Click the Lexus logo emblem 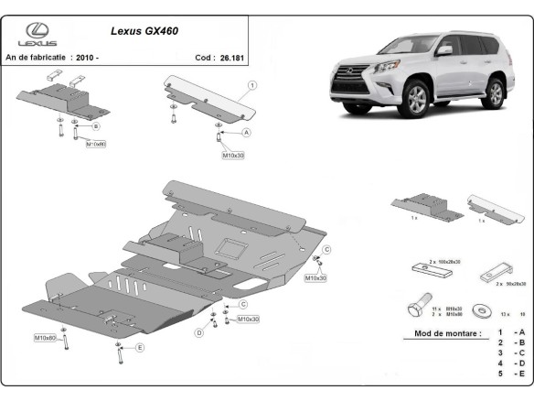36,30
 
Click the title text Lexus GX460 144,30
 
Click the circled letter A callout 246,132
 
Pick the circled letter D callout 198,332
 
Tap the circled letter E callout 140,348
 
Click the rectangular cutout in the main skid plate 229,245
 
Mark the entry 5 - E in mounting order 510,374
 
